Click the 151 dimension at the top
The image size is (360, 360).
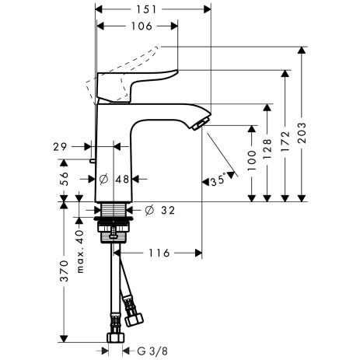point(153,10)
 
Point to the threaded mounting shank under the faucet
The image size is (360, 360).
point(116,211)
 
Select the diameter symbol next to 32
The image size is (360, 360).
point(150,209)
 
